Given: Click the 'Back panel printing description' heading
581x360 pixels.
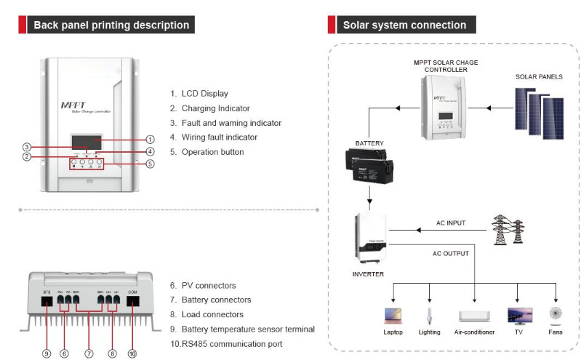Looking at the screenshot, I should (x=111, y=25).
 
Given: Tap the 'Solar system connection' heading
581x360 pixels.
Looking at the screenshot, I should (x=404, y=25).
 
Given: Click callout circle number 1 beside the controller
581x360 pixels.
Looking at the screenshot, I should (x=150, y=139).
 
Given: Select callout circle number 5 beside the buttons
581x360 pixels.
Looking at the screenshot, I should (x=150, y=164).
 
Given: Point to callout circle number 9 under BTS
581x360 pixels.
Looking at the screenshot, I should (x=46, y=353).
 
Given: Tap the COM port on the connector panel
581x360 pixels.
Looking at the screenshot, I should (x=133, y=300).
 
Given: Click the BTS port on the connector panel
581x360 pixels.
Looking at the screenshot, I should (x=47, y=300).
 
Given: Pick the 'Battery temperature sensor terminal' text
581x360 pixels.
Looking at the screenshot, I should (x=247, y=329).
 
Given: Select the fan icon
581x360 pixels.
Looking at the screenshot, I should (x=556, y=315).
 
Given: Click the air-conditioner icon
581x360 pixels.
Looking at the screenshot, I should (x=475, y=316).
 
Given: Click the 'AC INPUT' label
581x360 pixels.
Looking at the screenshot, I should (x=450, y=223).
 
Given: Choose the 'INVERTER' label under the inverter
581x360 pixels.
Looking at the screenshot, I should (x=368, y=274).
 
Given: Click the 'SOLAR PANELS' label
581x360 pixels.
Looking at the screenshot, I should (x=539, y=76).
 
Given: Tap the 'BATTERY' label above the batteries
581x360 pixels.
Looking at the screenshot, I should (x=369, y=143).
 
